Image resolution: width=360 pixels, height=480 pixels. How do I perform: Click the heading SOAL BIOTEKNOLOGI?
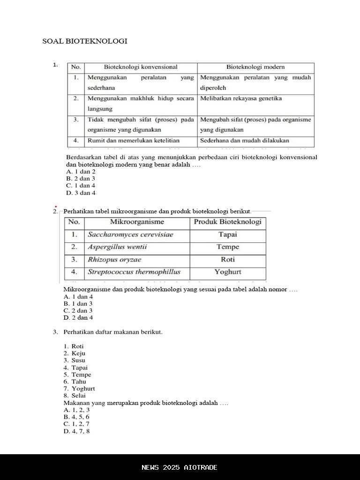[85, 41]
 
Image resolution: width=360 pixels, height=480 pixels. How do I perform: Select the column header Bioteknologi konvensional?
[141, 67]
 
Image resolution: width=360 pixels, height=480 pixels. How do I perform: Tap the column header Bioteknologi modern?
[255, 67]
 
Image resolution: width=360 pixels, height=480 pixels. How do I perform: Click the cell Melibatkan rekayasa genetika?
[241, 98]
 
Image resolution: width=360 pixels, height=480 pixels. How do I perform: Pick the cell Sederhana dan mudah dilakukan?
[245, 140]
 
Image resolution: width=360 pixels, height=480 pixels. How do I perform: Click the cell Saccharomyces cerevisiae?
[130, 234]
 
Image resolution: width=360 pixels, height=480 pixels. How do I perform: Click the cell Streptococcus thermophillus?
[134, 272]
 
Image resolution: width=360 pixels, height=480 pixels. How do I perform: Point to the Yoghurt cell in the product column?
[228, 272]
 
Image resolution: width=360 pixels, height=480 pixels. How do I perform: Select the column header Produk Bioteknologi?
[228, 222]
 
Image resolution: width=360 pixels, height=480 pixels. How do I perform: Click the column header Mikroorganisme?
[137, 222]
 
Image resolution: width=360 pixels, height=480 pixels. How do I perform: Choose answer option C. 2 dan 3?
[78, 310]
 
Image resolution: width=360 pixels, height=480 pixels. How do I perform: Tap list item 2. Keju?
[75, 353]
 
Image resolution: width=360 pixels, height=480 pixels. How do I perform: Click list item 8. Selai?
[75, 396]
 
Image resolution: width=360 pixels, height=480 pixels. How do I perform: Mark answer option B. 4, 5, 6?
[76, 417]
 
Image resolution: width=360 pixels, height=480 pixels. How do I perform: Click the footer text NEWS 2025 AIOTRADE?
[180, 467]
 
